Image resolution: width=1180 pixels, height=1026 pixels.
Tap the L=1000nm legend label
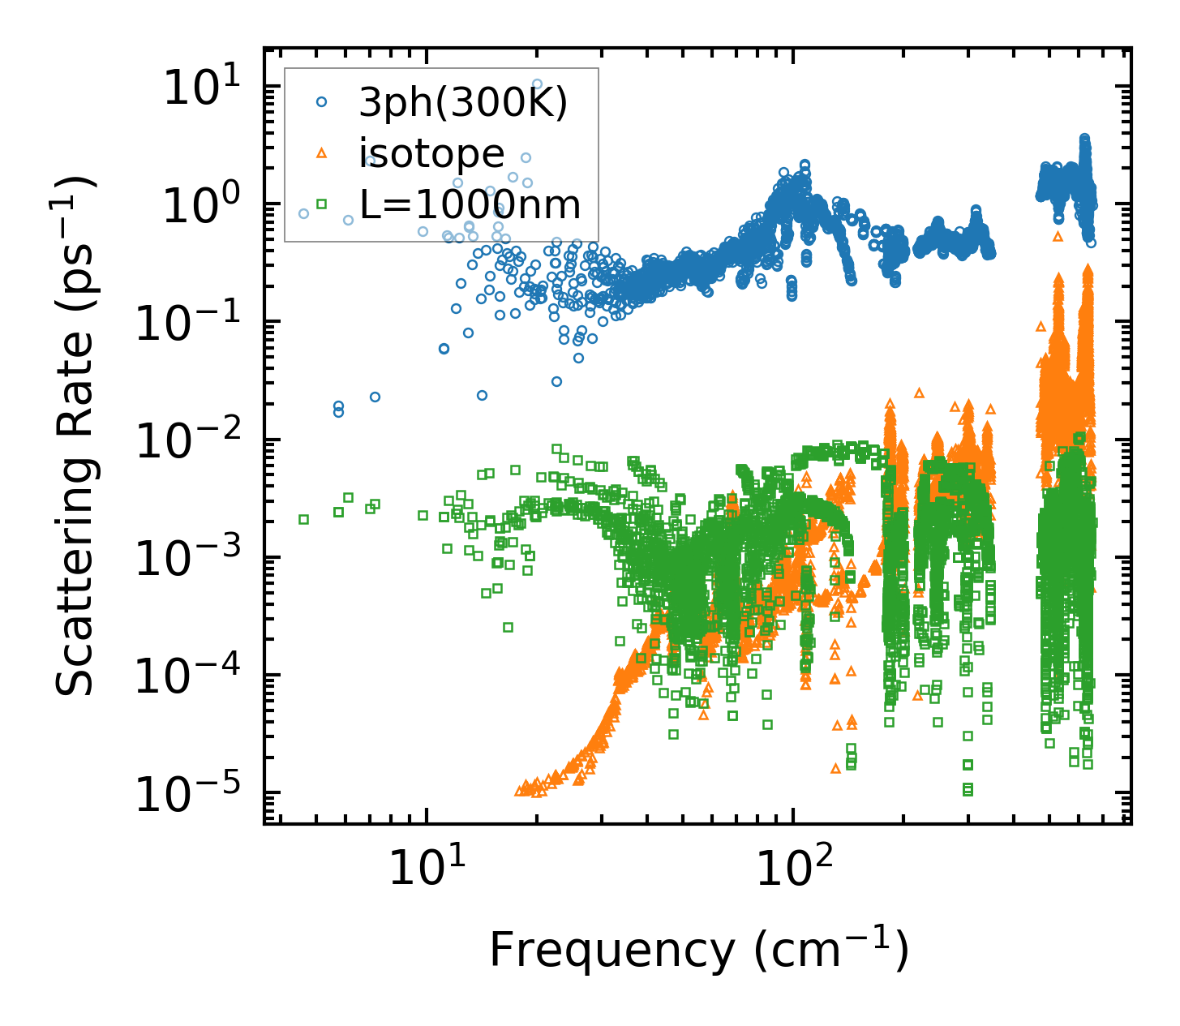point(470,204)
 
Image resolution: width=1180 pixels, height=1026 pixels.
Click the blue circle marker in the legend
point(321,102)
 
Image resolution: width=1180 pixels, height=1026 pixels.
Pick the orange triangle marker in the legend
point(321,152)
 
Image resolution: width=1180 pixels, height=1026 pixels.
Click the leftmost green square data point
point(304,519)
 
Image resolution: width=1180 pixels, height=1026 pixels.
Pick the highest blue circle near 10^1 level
point(537,84)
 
